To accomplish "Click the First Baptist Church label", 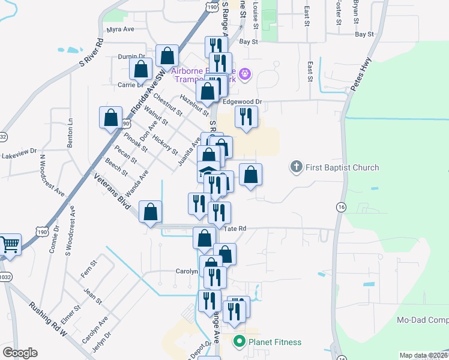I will [342, 167].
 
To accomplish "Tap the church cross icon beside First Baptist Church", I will [295, 167].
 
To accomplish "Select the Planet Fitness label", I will [275, 342].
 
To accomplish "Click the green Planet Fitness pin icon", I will [239, 342].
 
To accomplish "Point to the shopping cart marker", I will [9, 244].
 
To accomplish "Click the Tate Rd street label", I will [235, 229].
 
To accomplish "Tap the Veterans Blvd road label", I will [112, 191].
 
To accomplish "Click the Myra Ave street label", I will [121, 29].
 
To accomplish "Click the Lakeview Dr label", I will [19, 155].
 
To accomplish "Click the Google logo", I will [20, 352].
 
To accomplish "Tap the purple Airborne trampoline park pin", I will [244, 75].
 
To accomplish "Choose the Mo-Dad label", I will [423, 320].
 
